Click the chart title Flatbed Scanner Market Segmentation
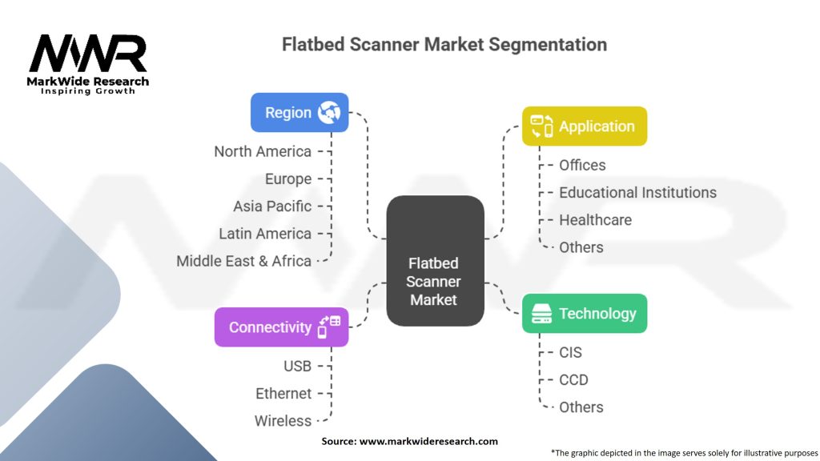tap(444, 44)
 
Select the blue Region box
tap(299, 113)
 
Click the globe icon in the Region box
tap(329, 113)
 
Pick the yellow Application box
tap(584, 126)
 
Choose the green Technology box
tap(584, 314)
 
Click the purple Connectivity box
tap(281, 327)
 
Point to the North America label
tap(263, 151)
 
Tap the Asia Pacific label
tap(272, 206)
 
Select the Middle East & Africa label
tap(243, 261)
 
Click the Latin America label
tap(265, 234)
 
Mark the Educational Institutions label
tap(637, 192)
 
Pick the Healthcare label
tap(595, 220)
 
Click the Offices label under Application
tap(582, 165)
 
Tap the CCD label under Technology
tap(573, 379)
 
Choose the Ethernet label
tap(283, 393)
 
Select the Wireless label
tap(283, 420)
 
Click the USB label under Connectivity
tap(297, 366)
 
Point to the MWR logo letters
tap(88, 54)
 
